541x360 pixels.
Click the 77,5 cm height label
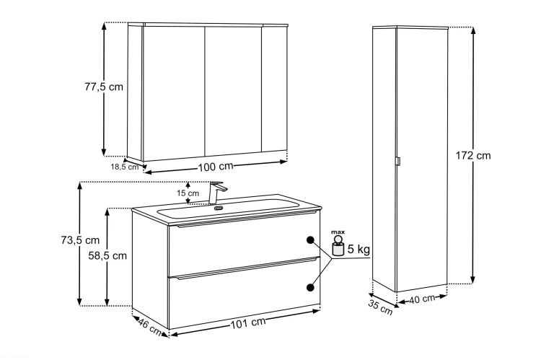pos(104,87)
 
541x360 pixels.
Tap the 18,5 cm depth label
pos(124,167)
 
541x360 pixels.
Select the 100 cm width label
pos(216,167)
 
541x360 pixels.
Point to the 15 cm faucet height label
pos(188,193)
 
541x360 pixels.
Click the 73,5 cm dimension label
pos(80,240)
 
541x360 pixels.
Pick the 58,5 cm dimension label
pos(107,256)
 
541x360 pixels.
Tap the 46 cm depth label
pos(150,327)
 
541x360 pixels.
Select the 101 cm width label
pos(248,322)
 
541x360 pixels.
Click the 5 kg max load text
pos(359,249)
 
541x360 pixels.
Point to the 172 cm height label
pos(473,156)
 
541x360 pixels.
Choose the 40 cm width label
pos(422,299)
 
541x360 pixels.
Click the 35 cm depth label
pos(380,308)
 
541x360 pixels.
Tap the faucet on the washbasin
pos(216,193)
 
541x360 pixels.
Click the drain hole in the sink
pos(219,208)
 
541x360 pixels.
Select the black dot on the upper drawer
pos(310,240)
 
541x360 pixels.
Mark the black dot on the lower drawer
pos(310,287)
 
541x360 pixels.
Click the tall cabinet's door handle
pos(397,162)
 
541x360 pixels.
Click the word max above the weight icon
pos(338,232)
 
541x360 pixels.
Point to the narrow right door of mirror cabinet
pos(274,89)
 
